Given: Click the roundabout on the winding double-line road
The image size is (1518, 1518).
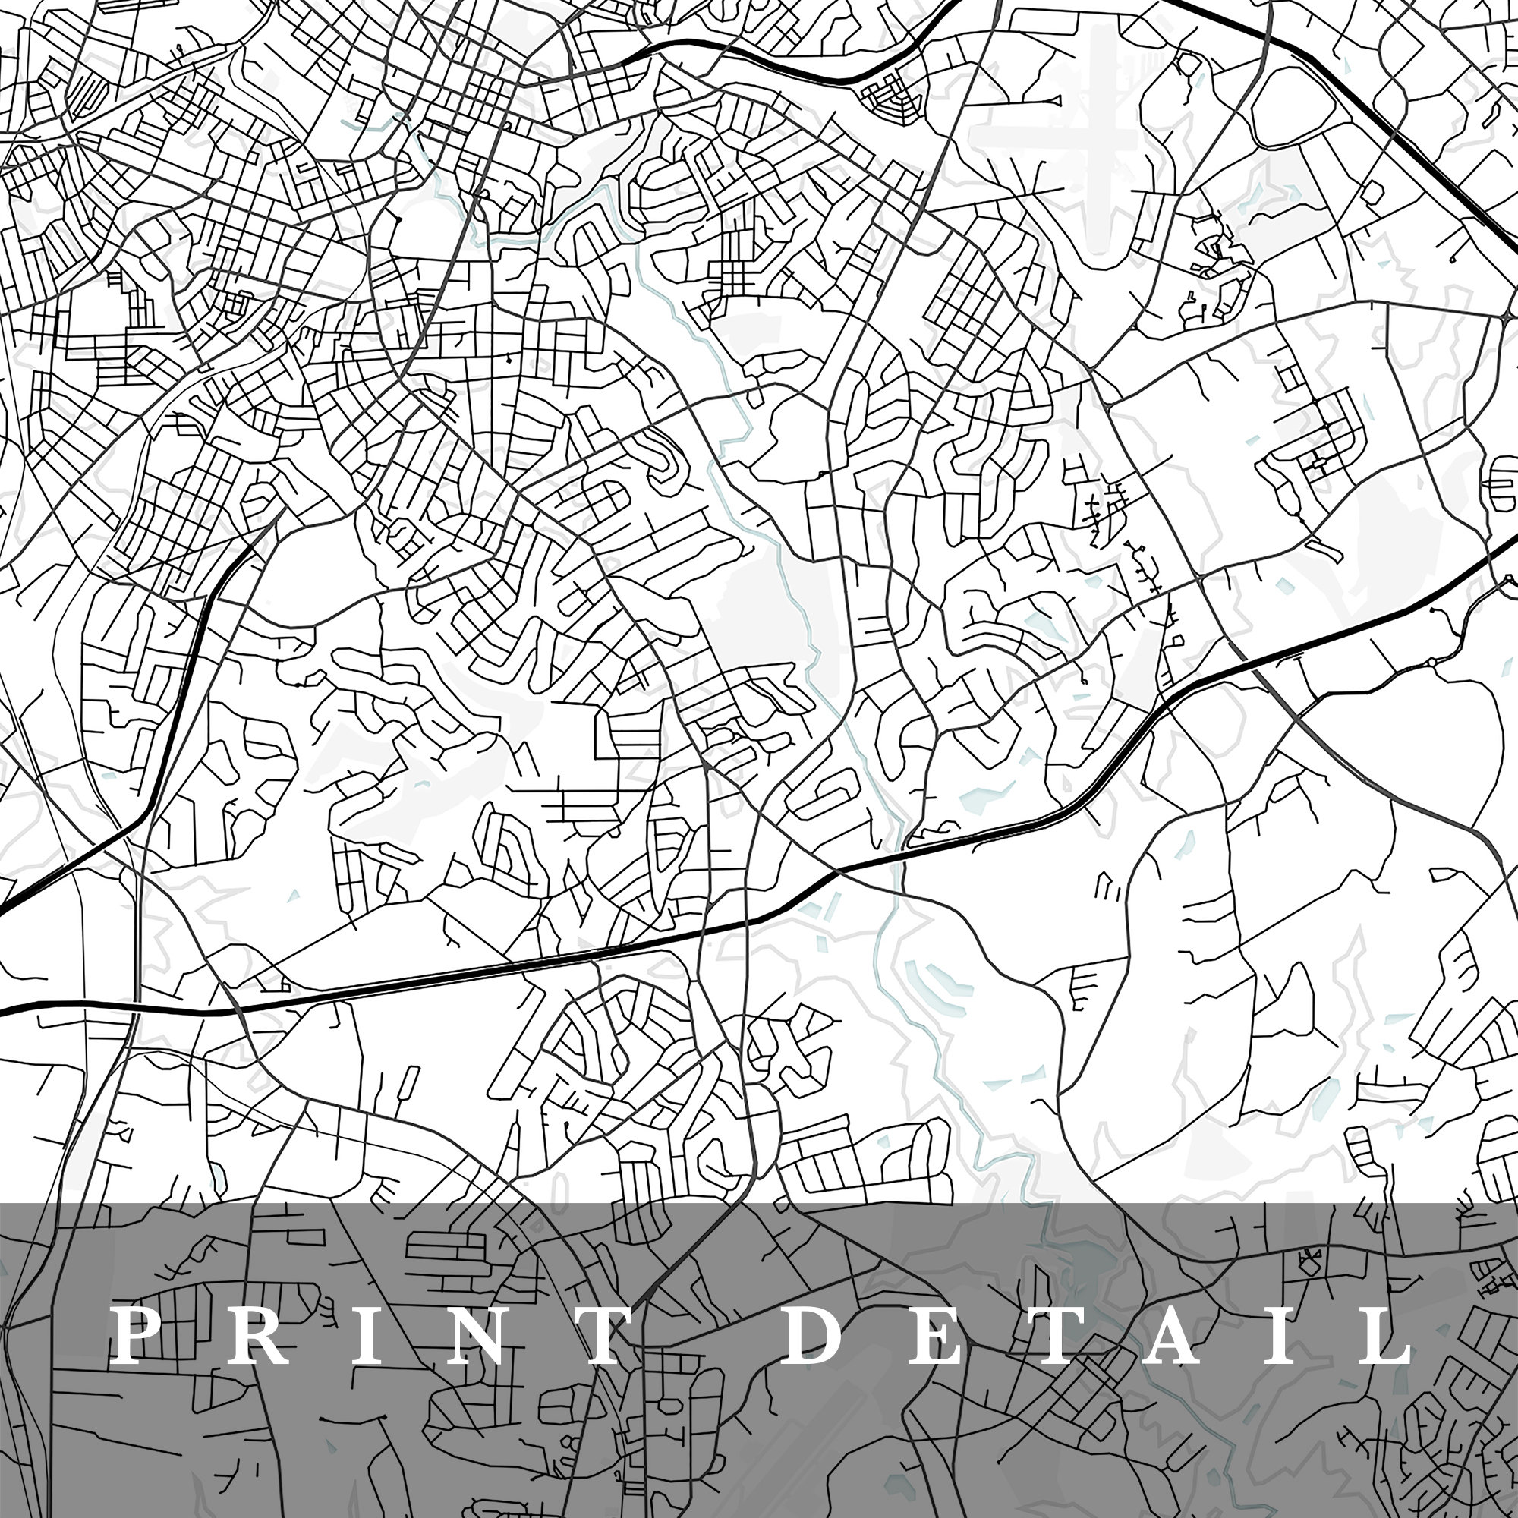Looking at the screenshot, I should [x=1435, y=663].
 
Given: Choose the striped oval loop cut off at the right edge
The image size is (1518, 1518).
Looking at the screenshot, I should [x=1504, y=483].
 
